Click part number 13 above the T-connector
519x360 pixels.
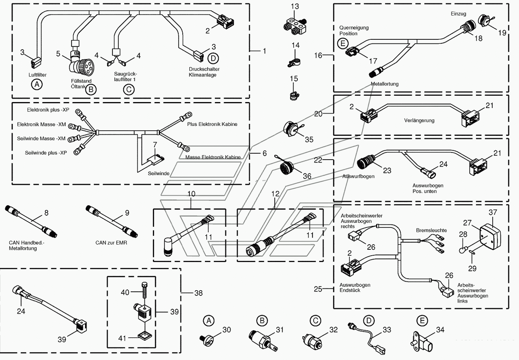click(295, 7)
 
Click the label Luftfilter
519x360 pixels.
click(37, 75)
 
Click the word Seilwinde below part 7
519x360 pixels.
click(159, 173)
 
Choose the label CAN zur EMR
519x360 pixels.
click(111, 243)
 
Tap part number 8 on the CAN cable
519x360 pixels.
click(46, 213)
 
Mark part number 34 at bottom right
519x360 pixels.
click(440, 330)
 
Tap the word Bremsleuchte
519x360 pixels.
click(431, 230)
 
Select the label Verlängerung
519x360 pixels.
click(419, 121)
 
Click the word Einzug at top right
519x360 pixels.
click(458, 14)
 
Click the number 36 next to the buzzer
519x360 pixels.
click(307, 176)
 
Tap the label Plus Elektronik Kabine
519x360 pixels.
click(212, 124)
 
